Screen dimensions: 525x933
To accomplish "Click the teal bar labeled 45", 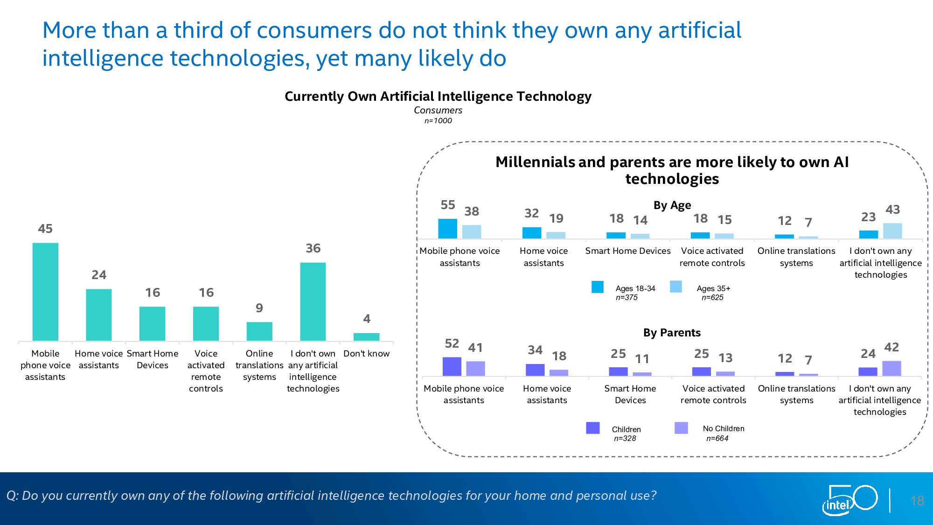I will click(x=45, y=292).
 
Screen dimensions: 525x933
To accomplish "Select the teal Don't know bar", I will click(x=366, y=337).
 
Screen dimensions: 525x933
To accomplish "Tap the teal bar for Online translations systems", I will click(x=259, y=331).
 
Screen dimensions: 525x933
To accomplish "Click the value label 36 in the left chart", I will click(x=313, y=248).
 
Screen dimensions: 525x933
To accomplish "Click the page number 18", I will click(x=917, y=501).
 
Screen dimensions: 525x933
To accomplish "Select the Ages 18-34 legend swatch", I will click(x=597, y=287).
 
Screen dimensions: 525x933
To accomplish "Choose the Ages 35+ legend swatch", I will click(x=675, y=287).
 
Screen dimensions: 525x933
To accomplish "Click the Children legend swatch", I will click(x=592, y=428).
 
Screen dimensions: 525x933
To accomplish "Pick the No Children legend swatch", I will click(x=681, y=428).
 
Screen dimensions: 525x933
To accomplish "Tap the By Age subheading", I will click(x=672, y=205).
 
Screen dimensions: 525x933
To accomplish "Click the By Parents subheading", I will click(x=672, y=333).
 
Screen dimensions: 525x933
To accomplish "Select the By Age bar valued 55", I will click(x=447, y=229).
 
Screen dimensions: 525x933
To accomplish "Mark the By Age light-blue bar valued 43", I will click(x=892, y=231).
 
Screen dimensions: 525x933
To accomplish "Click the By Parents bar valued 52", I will click(x=452, y=366).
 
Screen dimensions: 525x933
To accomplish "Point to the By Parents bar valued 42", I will click(x=891, y=368).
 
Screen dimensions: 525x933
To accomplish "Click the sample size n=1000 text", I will click(x=438, y=121).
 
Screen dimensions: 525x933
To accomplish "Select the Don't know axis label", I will click(x=366, y=354).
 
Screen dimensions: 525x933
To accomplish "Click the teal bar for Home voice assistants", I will click(x=99, y=315).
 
